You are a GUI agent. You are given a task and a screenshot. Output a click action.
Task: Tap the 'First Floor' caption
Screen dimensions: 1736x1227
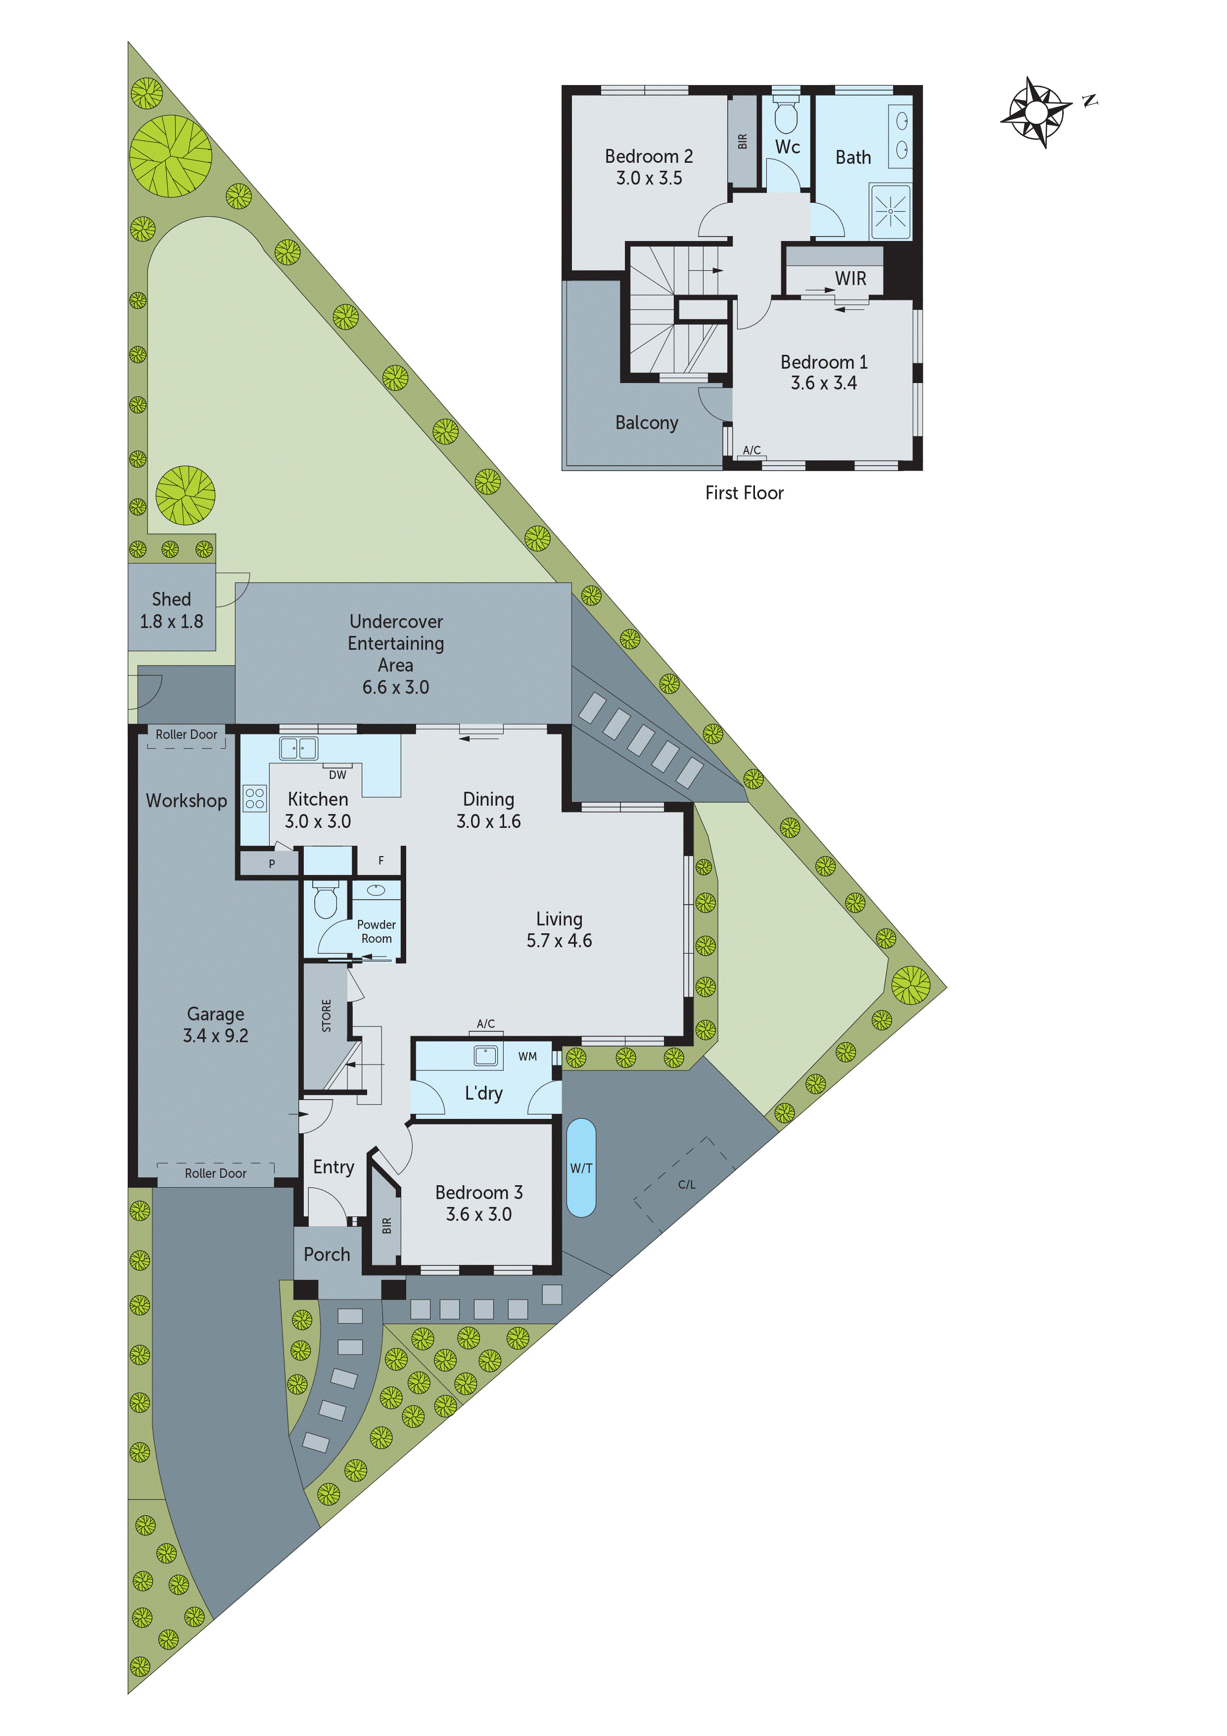pyautogui.click(x=744, y=493)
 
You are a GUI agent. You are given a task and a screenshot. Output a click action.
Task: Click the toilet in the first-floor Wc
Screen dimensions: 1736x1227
pyautogui.click(x=786, y=117)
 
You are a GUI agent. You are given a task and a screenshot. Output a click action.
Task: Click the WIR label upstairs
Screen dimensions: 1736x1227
pyautogui.click(x=850, y=279)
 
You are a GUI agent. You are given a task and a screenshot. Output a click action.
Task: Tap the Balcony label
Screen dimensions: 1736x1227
pyautogui.click(x=646, y=423)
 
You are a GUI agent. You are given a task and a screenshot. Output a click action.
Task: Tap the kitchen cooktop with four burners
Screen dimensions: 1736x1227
pyautogui.click(x=255, y=798)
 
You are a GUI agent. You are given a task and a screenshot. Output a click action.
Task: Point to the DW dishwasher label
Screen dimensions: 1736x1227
pyautogui.click(x=337, y=775)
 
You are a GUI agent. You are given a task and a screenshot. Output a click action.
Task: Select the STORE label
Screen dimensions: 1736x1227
pyautogui.click(x=327, y=1015)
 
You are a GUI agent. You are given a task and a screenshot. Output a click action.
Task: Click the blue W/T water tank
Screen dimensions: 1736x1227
pyautogui.click(x=581, y=1168)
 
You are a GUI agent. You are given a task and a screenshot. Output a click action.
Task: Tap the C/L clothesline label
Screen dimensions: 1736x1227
pyautogui.click(x=686, y=1185)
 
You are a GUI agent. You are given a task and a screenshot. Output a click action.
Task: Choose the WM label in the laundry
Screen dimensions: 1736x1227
pyautogui.click(x=528, y=1056)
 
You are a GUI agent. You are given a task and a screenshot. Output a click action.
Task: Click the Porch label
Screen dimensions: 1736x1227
pyautogui.click(x=327, y=1254)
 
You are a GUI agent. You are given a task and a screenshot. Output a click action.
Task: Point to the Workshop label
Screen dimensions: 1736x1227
pyautogui.click(x=186, y=801)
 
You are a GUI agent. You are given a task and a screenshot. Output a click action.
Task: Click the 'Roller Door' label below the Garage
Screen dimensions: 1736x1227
pyautogui.click(x=215, y=1173)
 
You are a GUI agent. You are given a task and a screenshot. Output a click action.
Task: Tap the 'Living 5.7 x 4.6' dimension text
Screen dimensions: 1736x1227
pyautogui.click(x=560, y=930)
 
